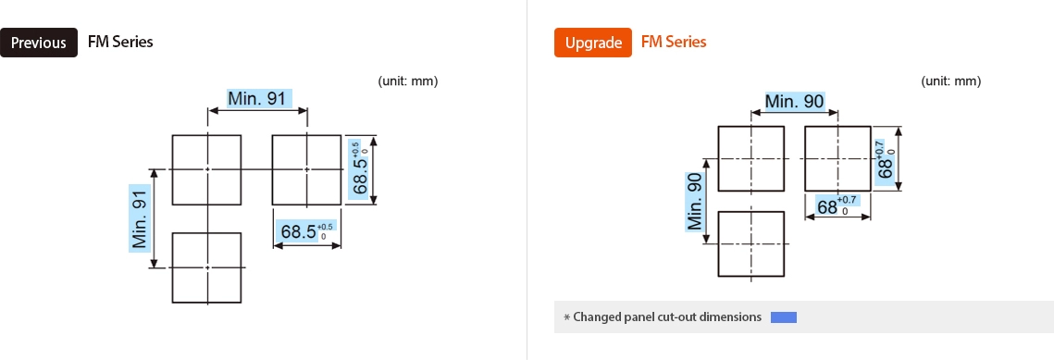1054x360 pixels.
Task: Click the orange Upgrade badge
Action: click(592, 43)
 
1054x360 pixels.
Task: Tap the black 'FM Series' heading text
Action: click(120, 42)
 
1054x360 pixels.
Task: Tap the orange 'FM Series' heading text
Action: click(673, 42)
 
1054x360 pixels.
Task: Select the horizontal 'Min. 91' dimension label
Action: click(257, 99)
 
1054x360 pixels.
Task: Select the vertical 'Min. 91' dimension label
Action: click(140, 217)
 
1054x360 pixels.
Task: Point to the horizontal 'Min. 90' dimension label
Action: click(794, 101)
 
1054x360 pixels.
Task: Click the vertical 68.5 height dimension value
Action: click(359, 169)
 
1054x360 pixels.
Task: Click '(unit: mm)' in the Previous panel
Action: click(407, 81)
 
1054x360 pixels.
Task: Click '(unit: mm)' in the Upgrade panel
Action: click(950, 81)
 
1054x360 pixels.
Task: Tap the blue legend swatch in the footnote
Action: click(783, 317)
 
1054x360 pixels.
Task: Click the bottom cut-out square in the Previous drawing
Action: click(206, 267)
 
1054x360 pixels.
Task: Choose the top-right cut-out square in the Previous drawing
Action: click(307, 169)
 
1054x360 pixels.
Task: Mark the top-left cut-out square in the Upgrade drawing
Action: click(750, 158)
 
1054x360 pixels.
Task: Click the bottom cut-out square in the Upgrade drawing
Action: click(750, 243)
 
